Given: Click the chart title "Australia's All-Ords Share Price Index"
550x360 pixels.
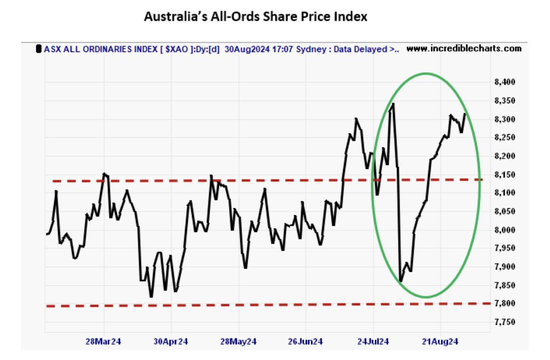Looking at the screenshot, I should [256, 17].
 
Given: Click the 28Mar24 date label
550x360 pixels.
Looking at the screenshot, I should [103, 342].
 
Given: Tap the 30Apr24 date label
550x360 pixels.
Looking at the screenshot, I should [171, 342].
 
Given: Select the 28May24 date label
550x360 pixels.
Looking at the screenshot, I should [238, 342].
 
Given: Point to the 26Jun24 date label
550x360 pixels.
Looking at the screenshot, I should [305, 342].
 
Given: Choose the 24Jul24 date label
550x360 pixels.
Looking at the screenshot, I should [373, 342].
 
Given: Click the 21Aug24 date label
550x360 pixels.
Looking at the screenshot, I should [440, 342].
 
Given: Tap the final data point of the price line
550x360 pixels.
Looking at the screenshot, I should [465, 114].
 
